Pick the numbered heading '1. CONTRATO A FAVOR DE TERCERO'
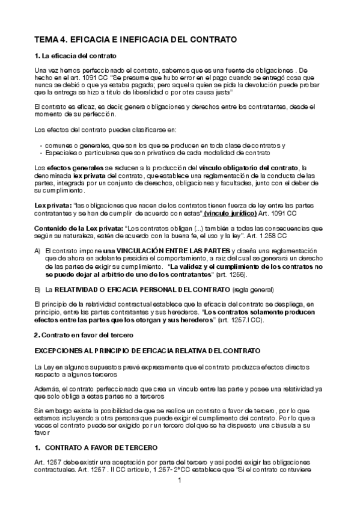(96, 448)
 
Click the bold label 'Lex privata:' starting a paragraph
(53, 206)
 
